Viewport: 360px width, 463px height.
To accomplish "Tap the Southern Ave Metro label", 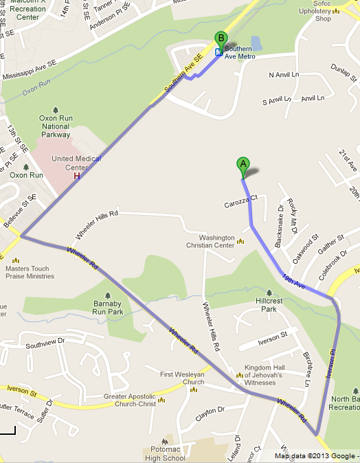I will pos(239,52).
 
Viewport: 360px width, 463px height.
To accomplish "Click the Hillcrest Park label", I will pos(271,304).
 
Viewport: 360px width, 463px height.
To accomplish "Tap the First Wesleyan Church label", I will pos(182,378).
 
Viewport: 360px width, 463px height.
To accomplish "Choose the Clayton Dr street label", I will pos(211,410).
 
